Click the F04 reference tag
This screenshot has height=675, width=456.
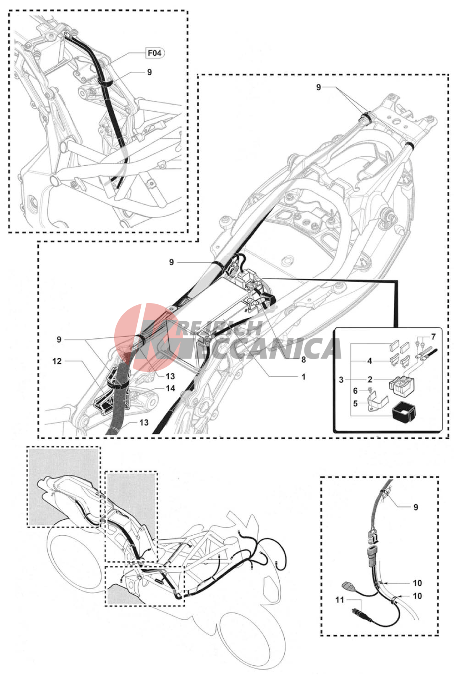[155, 53]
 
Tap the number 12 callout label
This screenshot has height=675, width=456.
[57, 361]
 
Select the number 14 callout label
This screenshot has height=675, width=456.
[170, 388]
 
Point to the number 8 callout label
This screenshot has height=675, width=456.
[304, 359]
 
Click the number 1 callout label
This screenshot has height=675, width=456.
[304, 377]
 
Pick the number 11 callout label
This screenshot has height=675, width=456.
[339, 600]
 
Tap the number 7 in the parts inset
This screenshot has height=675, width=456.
[433, 337]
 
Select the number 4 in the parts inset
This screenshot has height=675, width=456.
[370, 361]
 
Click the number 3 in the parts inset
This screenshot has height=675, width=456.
[341, 379]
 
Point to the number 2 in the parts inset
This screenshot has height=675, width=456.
[370, 379]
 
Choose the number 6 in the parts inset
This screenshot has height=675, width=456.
[355, 391]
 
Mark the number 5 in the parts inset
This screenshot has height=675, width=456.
[355, 403]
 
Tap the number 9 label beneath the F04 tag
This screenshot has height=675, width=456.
[149, 72]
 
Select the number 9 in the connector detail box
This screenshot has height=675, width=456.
[416, 507]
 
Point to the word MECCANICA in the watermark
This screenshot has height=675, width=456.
[260, 348]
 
